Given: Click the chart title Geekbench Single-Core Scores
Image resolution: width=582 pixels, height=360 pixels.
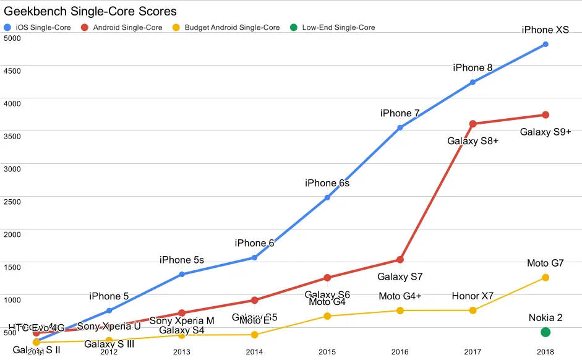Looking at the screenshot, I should coord(90,12).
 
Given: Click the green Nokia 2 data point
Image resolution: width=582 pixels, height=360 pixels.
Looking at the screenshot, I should coord(546,332).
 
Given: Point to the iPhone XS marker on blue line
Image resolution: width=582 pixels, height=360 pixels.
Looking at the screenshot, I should coord(546,45).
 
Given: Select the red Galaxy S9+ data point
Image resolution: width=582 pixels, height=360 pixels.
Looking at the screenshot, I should coord(546,115).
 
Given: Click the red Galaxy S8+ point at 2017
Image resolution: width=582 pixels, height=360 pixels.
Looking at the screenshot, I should coord(473,124).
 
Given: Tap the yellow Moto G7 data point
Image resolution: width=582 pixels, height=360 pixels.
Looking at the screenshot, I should coord(546,278).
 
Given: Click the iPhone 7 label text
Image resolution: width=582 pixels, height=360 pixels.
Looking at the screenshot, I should coord(400,113).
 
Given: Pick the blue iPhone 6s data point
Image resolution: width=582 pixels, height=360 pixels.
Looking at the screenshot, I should coord(327,197).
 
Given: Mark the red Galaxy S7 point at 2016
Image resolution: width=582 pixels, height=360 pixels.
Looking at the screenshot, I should coord(400,259).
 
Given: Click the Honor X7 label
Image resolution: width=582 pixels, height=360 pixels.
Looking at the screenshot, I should coord(473,296).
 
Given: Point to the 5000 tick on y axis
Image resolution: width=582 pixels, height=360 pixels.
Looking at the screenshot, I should coord(12,38).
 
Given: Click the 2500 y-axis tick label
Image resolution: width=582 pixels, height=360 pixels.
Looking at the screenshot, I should coord(12,202).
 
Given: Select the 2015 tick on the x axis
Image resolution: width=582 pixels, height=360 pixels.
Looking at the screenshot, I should coord(327,352).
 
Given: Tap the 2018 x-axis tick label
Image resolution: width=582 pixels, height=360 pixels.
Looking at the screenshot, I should coord(546,352).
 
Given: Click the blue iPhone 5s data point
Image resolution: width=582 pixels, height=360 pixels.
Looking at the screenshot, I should coord(182,274).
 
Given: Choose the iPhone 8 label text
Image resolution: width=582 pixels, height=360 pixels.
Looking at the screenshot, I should coord(473,67).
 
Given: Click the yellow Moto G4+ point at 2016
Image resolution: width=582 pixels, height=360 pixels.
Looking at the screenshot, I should coord(400,311).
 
